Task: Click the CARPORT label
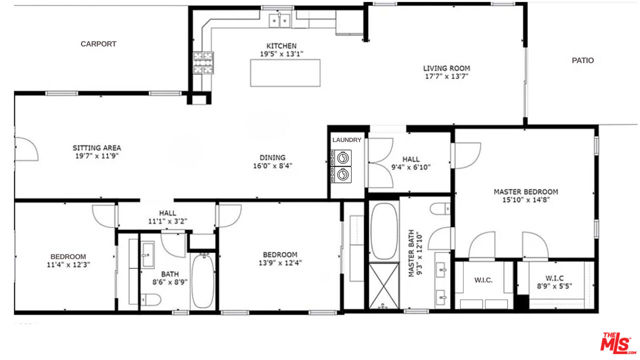pos(99,44)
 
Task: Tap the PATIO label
pos(582,60)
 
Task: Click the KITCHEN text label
pos(281,45)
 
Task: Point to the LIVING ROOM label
pos(446,69)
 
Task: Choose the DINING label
pos(272,157)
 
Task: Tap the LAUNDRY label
pos(346,140)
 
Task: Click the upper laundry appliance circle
pos(345,157)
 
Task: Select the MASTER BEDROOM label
pos(525,191)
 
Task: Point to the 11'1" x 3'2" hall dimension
pos(167,220)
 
